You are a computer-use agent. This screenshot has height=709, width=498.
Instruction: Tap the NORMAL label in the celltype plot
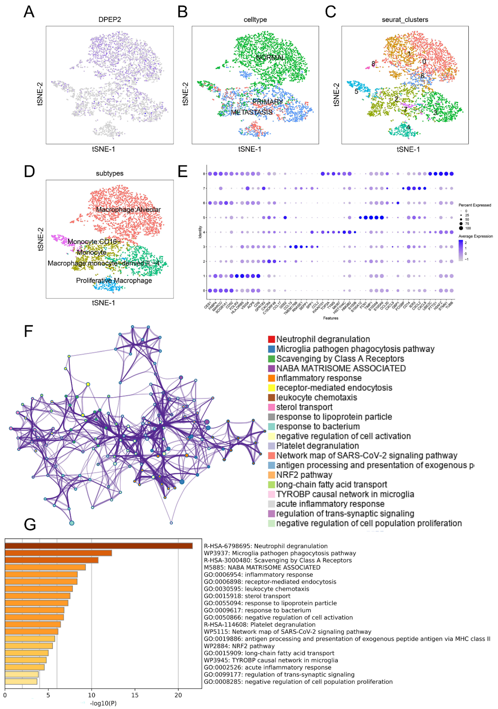tap(271, 57)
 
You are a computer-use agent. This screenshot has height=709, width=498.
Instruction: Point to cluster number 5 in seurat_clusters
tap(356, 91)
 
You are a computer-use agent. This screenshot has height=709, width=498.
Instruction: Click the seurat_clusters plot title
tap(405, 20)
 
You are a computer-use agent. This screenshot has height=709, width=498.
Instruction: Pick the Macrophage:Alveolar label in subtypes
tap(128, 209)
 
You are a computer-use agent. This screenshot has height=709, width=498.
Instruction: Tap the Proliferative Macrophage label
tap(114, 280)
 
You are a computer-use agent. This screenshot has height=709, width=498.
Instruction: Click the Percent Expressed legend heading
tap(475, 205)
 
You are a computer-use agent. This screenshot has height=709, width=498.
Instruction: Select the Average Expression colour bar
tap(461, 250)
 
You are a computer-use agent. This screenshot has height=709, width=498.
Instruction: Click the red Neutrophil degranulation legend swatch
tap(271, 339)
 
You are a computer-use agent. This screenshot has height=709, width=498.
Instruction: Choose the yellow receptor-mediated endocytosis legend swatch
tap(271, 388)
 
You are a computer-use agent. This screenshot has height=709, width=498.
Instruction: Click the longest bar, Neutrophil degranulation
tap(99, 546)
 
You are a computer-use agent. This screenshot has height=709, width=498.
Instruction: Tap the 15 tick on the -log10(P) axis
tap(135, 695)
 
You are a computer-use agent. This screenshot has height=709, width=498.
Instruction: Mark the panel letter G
tap(30, 525)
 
